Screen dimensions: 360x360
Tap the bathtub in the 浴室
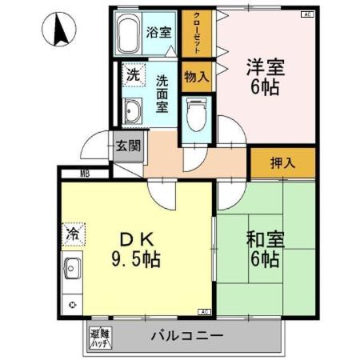pyautogui.click(x=128, y=34)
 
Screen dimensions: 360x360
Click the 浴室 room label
pyautogui.click(x=159, y=33)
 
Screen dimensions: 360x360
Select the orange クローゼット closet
pyautogui.click(x=197, y=34)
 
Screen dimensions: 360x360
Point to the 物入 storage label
pyautogui.click(x=197, y=77)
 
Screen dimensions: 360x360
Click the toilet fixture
pyautogui.click(x=196, y=113)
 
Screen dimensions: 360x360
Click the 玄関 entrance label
pyautogui.click(x=127, y=146)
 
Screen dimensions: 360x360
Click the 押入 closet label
pyautogui.click(x=282, y=163)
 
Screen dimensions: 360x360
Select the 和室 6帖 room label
pyautogui.click(x=261, y=248)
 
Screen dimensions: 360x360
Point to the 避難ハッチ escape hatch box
pyautogui.click(x=100, y=337)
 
